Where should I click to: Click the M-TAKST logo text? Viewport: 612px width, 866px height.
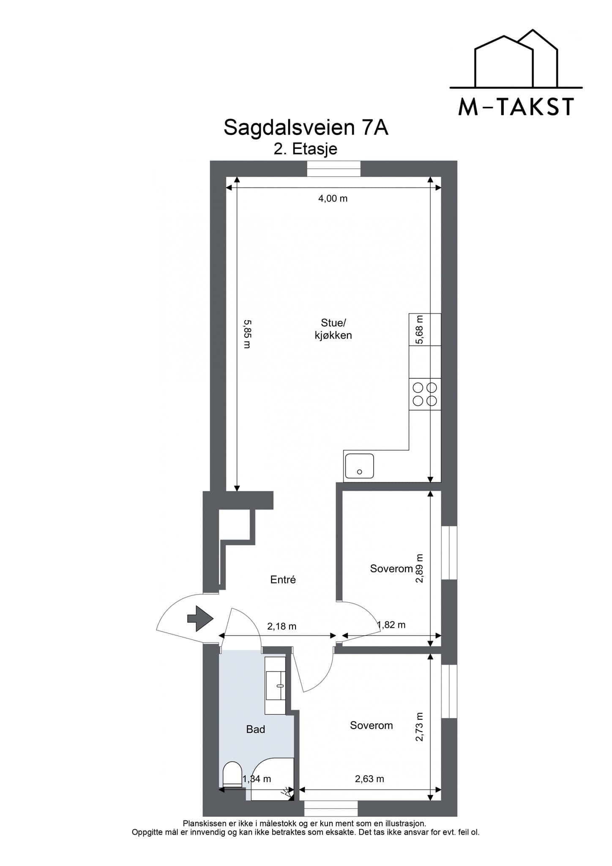tap(516, 107)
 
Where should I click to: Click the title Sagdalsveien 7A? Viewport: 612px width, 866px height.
tap(306, 127)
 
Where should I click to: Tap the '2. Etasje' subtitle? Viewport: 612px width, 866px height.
tap(305, 149)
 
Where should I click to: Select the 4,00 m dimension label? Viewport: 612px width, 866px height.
tap(333, 198)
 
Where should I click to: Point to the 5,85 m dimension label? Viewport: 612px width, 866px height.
tap(247, 334)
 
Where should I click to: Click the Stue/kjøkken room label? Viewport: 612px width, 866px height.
tap(333, 329)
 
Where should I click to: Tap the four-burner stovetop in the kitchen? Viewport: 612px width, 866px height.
tap(425, 394)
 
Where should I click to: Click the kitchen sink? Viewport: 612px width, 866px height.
tap(359, 466)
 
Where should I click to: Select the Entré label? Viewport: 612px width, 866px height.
tap(283, 580)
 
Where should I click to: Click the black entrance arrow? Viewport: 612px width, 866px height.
tap(200, 619)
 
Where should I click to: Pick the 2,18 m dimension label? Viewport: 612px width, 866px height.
tap(282, 626)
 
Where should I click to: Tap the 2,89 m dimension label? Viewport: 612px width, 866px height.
tap(419, 568)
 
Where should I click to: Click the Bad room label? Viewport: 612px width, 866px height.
tap(255, 729)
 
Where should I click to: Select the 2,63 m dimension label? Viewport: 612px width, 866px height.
tap(369, 778)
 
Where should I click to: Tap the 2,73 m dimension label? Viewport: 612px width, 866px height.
tap(419, 727)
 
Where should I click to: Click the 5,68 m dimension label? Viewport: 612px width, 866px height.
tap(419, 330)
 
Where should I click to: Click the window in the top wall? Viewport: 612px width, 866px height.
tap(333, 169)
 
